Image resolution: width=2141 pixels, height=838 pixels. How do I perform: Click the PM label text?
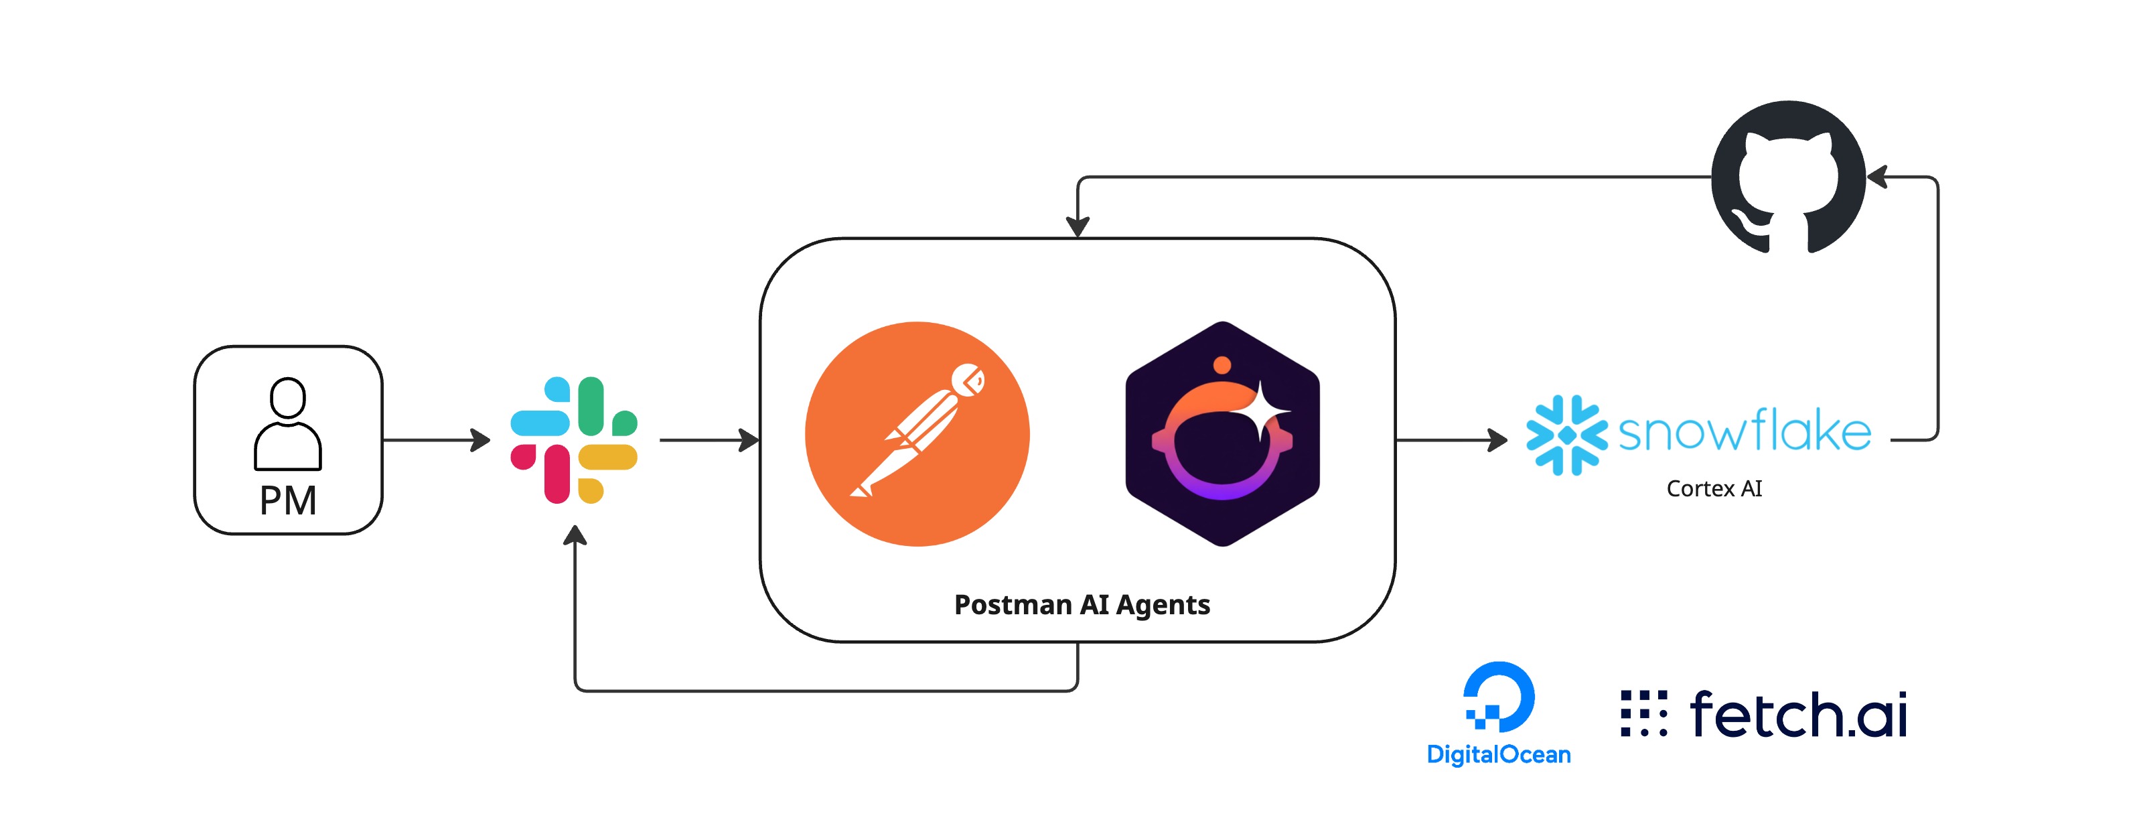pos(287,500)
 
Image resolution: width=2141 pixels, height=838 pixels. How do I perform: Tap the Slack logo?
pos(573,440)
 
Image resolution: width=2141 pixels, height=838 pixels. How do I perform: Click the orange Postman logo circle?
pos(917,434)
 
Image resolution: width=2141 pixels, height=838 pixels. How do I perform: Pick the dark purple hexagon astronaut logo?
pos(1222,434)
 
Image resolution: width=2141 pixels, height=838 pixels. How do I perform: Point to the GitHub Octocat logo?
pos(1788,177)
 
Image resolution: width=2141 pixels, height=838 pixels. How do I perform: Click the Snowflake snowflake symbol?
pos(1566,435)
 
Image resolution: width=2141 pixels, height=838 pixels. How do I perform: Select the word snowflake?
pos(1745,431)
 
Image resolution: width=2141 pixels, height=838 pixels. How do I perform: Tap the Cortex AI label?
pos(1714,489)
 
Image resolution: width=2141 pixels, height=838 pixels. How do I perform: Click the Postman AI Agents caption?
pos(1082,604)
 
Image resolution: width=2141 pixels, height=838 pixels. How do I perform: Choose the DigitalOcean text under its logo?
pos(1499,755)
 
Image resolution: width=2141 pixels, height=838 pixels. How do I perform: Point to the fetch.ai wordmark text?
pos(1799,714)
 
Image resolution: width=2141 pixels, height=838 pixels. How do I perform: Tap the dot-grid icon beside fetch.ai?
pos(1643,713)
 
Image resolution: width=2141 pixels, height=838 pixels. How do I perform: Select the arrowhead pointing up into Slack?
pos(575,535)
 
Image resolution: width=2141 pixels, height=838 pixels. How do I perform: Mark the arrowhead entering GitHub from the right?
pos(1878,177)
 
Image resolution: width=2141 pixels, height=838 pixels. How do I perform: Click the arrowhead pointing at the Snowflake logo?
pos(1497,440)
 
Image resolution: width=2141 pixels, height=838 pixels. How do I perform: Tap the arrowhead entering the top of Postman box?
pos(1078,227)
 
